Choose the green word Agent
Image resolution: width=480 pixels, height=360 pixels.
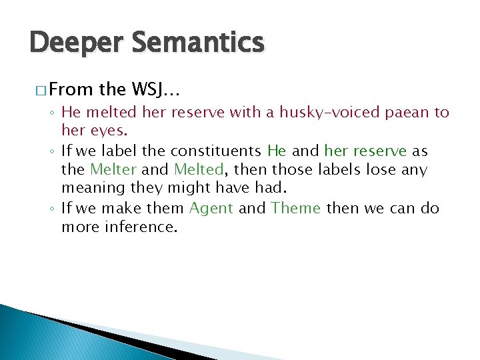coord(211,208)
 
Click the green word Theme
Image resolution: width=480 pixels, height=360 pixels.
coord(297,208)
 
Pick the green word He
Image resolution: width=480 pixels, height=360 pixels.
coord(276,151)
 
